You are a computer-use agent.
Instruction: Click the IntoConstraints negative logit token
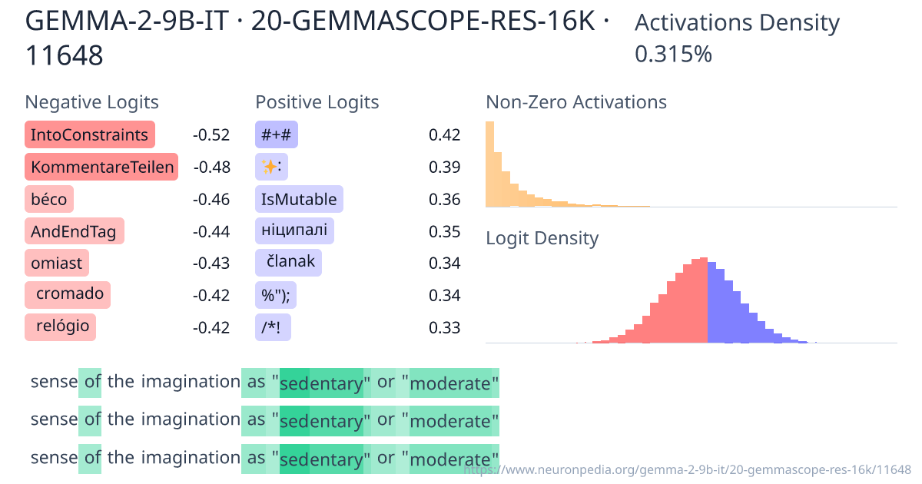click(89, 135)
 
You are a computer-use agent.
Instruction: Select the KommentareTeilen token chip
click(101, 167)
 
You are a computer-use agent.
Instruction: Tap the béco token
click(49, 200)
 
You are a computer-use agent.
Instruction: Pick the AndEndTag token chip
click(74, 231)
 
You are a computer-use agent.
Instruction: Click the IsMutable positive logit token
click(299, 200)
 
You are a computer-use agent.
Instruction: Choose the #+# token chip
click(276, 135)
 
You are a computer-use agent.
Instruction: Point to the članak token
click(289, 262)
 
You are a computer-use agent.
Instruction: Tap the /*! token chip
click(273, 327)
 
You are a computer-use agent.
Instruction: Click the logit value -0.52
click(211, 135)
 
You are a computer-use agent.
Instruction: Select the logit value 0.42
click(444, 135)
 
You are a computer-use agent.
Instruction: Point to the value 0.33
click(444, 327)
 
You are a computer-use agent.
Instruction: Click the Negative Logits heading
click(91, 102)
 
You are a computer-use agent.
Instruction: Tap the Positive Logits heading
click(317, 102)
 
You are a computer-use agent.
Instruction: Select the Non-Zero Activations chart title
click(576, 102)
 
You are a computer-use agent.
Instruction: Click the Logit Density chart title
click(542, 238)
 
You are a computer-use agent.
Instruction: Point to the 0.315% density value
click(673, 55)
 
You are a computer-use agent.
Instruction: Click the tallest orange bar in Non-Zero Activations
click(489, 164)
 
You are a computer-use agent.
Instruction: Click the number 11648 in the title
click(65, 55)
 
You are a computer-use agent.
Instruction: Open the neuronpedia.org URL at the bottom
click(688, 469)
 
